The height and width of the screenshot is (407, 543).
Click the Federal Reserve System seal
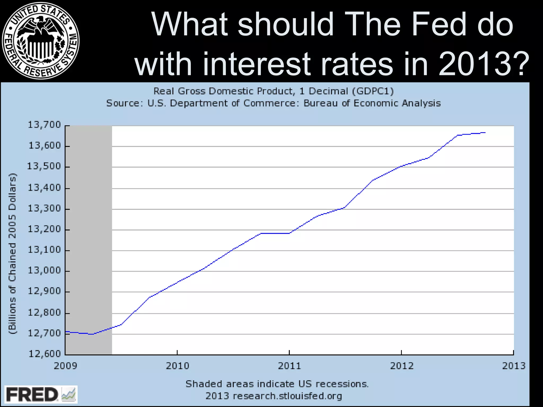(40, 41)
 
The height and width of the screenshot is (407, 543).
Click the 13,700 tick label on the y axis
(45, 125)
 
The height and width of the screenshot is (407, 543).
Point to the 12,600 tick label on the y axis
(45, 354)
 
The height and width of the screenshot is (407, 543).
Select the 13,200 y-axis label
(45, 229)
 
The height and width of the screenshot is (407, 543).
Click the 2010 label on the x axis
(177, 366)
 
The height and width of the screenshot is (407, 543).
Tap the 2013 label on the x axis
(514, 366)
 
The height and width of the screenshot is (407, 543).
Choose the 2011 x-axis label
(289, 366)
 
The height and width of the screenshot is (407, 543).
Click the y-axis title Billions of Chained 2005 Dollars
(13, 254)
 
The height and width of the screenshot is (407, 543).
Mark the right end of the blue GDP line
(485, 132)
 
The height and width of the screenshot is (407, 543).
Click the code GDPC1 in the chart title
(373, 91)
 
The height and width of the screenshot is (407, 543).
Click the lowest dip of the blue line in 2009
(91, 334)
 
